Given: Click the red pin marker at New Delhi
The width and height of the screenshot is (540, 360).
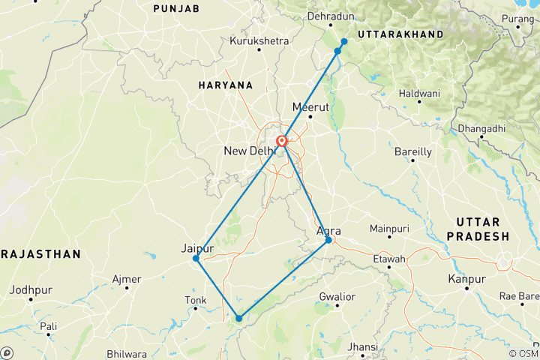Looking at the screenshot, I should pos(282,141).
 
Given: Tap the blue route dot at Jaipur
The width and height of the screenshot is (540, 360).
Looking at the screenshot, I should pos(196,259).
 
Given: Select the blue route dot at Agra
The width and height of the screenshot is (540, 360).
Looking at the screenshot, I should pos(328,240).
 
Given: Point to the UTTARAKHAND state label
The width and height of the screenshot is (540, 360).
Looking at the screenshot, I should pos(400,34).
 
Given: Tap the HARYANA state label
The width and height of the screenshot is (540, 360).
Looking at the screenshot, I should pos(226,85).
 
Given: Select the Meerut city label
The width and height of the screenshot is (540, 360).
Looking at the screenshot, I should pos(310,106).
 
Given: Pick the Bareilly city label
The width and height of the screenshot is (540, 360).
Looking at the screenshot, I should pos(413,151).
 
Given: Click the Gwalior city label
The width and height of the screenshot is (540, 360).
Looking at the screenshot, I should pos(337,297).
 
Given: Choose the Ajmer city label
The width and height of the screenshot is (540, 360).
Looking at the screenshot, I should pos(127,280).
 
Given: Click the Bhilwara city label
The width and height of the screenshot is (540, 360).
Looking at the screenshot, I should pos(126,352).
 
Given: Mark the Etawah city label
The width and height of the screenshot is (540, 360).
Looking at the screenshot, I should pos(389,259).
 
